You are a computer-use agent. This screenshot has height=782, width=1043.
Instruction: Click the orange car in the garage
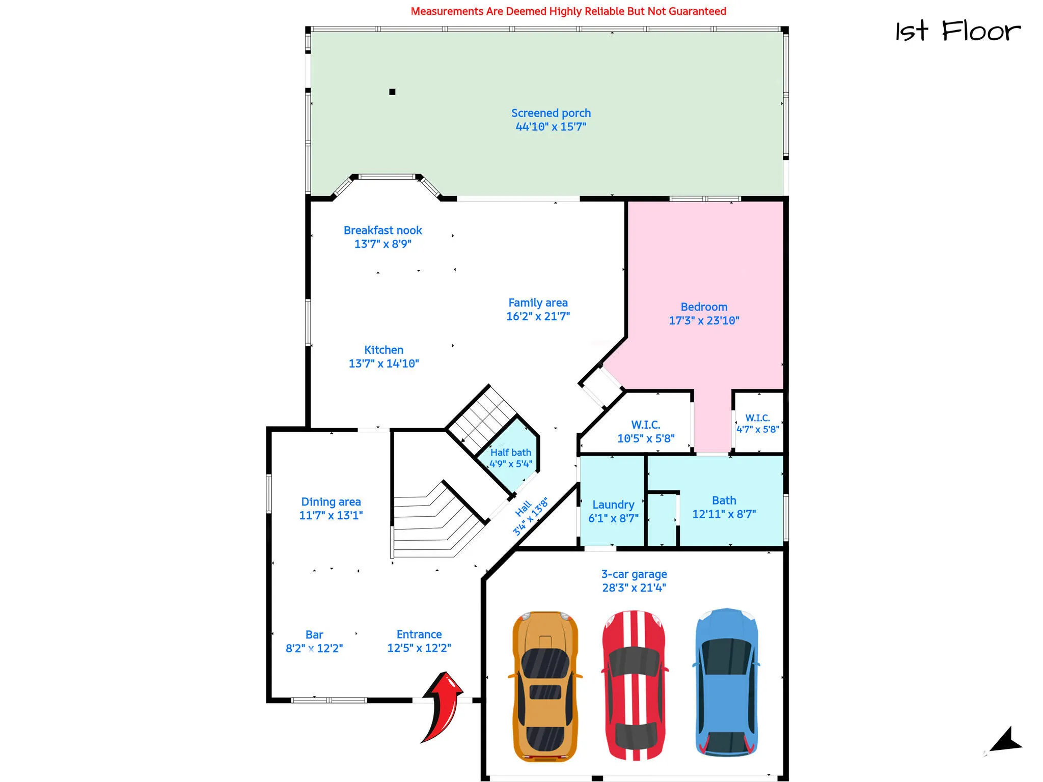[x=545, y=686]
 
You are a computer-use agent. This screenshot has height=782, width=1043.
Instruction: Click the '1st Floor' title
[x=958, y=31]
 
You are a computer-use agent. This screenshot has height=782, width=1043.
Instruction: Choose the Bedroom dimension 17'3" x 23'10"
[x=704, y=320]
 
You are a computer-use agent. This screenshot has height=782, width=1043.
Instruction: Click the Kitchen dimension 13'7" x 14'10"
[x=383, y=363]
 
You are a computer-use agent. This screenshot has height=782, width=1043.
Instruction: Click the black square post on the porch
[x=392, y=92]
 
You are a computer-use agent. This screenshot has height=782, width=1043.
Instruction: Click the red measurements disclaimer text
[x=568, y=11]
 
